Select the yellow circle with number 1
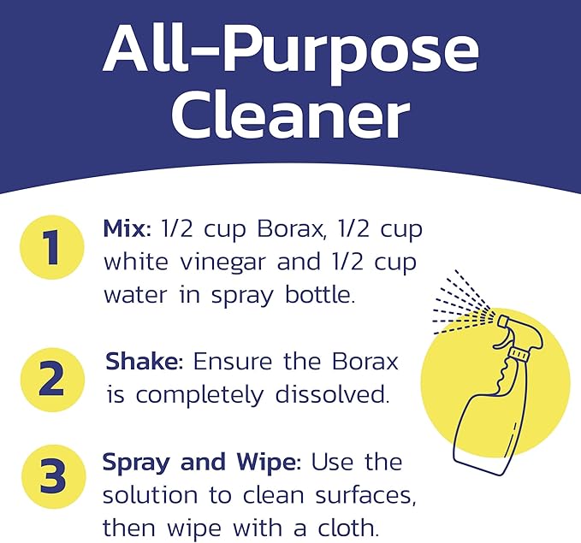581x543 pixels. (x=52, y=248)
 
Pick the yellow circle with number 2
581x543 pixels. (x=52, y=379)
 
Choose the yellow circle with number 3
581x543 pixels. (x=52, y=479)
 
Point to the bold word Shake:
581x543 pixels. (x=144, y=362)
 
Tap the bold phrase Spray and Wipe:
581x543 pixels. (x=202, y=463)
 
